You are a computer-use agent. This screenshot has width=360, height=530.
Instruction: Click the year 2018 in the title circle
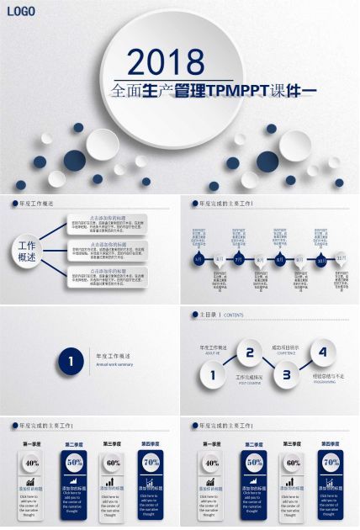(166, 62)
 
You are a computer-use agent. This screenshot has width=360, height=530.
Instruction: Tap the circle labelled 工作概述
(27, 252)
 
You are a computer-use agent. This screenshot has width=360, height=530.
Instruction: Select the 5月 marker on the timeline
(199, 260)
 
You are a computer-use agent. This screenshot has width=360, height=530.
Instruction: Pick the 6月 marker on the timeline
(219, 260)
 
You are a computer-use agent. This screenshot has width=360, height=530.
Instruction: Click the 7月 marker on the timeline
(239, 260)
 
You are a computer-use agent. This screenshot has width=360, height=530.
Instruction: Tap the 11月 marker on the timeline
(341, 258)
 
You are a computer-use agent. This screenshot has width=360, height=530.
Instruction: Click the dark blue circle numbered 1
(71, 362)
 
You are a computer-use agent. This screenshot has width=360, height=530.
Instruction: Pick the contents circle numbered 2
(249, 352)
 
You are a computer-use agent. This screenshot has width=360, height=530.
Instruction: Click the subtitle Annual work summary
(114, 364)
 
